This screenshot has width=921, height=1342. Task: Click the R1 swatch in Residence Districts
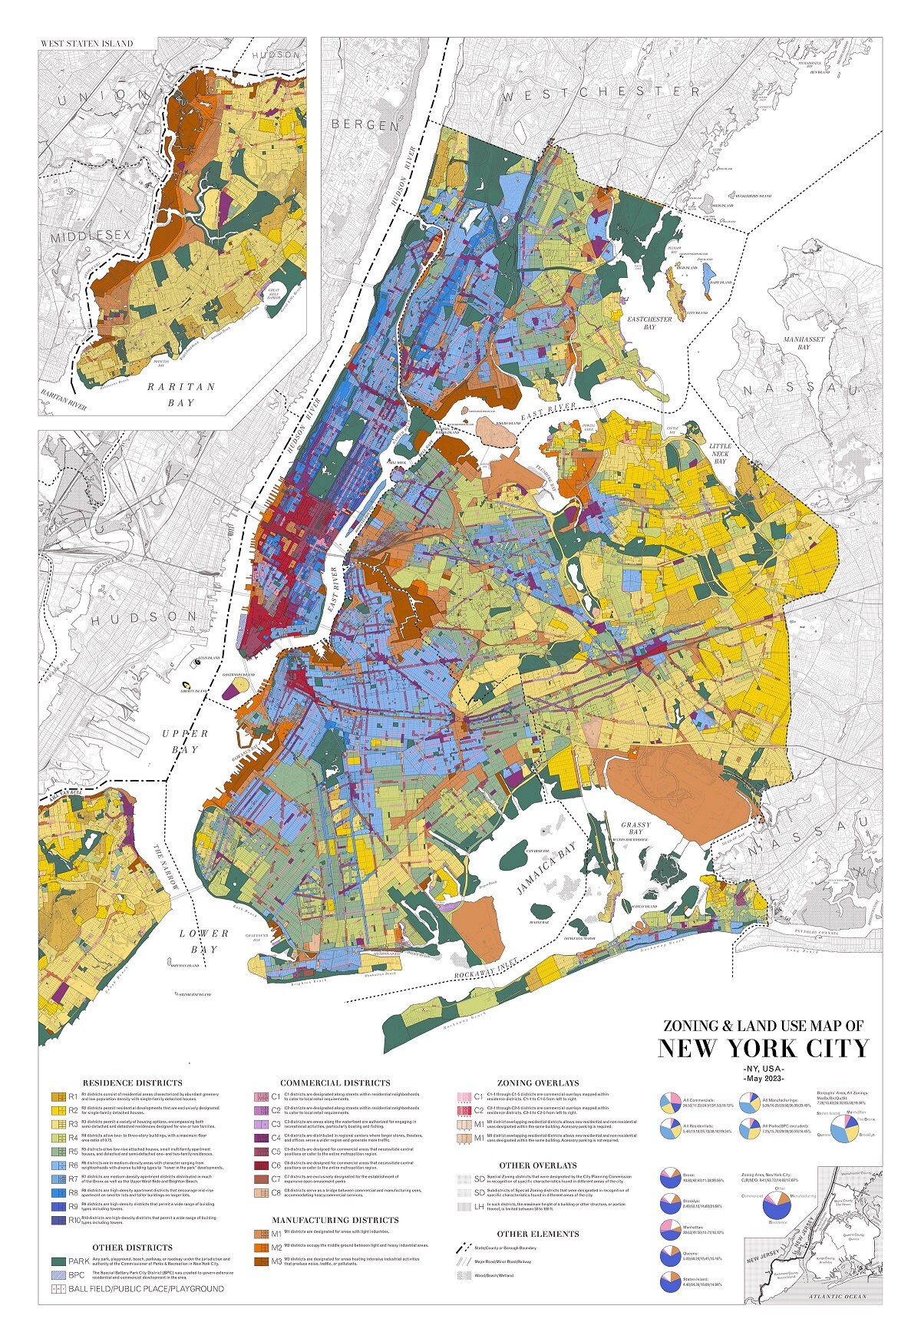pos(58,1097)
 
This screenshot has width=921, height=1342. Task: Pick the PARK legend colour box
pos(58,1261)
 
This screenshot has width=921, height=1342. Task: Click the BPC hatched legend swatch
pos(58,1274)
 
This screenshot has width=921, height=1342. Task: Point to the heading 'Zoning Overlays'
pos(537,1083)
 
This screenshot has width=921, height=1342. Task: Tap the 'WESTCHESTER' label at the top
pos(600,92)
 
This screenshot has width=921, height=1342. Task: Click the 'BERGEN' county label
pos(365,124)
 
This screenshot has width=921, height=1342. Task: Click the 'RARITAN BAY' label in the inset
pos(183,394)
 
